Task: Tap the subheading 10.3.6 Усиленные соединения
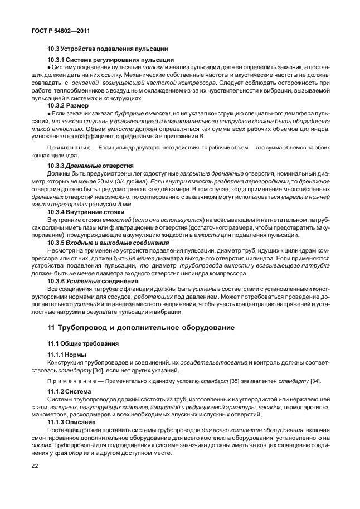pyautogui.click(x=92, y=282)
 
